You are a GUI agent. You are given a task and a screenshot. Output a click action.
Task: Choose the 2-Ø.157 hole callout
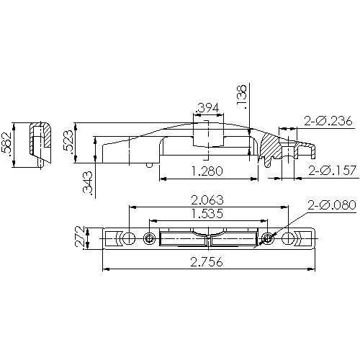point(330,171)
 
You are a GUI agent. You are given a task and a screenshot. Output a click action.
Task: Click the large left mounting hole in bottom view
point(127,238)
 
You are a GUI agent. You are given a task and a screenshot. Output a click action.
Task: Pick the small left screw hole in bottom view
point(149,238)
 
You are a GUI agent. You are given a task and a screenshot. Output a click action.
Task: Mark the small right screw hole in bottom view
point(267,238)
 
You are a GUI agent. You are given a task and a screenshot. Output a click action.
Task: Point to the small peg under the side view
point(149,165)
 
